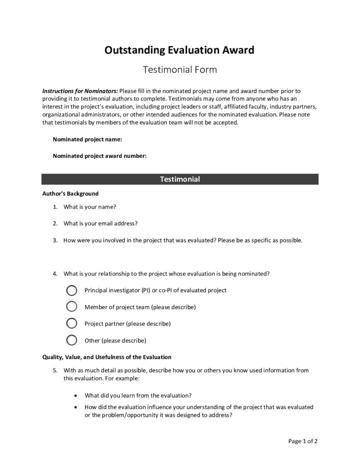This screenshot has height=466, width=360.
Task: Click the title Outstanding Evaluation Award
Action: pos(179,50)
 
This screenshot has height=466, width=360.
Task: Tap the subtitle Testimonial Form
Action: pos(180,70)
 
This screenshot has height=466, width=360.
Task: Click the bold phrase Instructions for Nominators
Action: pos(80,91)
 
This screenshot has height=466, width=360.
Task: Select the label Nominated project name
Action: pos(87,139)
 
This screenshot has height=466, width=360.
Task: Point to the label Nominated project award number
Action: pos(100,156)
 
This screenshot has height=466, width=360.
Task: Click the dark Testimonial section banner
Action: pos(180,179)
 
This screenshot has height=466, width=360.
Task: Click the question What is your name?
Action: pos(90,207)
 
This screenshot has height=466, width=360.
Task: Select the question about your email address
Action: pos(101,223)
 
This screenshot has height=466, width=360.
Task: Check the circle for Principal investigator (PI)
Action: pos(71,290)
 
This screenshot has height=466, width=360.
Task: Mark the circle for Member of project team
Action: pos(71,307)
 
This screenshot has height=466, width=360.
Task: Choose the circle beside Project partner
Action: pos(71,324)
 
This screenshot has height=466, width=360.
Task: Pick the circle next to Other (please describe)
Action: pos(71,340)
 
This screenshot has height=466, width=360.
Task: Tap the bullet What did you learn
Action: pos(138,395)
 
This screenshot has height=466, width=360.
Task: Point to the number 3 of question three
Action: pos(55,240)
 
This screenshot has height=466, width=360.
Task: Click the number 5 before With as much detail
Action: pos(55,370)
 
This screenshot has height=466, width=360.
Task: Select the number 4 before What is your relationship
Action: pos(55,274)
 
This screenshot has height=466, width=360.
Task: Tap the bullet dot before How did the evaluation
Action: pos(75,407)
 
